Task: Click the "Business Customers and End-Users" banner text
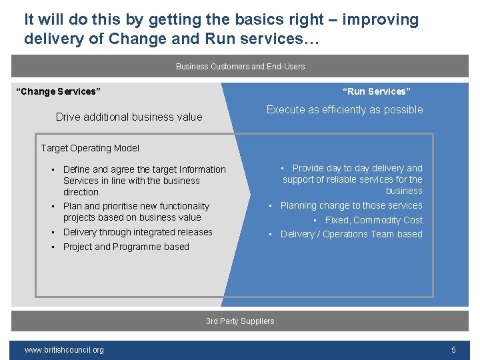click(x=240, y=66)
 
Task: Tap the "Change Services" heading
click(x=57, y=91)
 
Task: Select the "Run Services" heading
click(x=376, y=91)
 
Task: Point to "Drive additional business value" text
click(x=129, y=117)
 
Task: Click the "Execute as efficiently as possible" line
click(x=345, y=110)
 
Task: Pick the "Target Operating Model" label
click(x=90, y=148)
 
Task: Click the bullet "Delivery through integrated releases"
click(x=137, y=232)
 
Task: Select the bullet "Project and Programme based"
click(x=126, y=247)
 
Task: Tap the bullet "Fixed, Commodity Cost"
click(x=373, y=220)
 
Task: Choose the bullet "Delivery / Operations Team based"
click(x=351, y=234)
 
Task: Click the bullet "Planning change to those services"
click(x=351, y=206)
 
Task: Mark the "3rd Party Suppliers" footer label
click(x=240, y=321)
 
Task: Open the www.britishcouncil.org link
click(x=64, y=350)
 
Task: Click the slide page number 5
click(x=453, y=350)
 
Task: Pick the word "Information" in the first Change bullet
click(x=199, y=170)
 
